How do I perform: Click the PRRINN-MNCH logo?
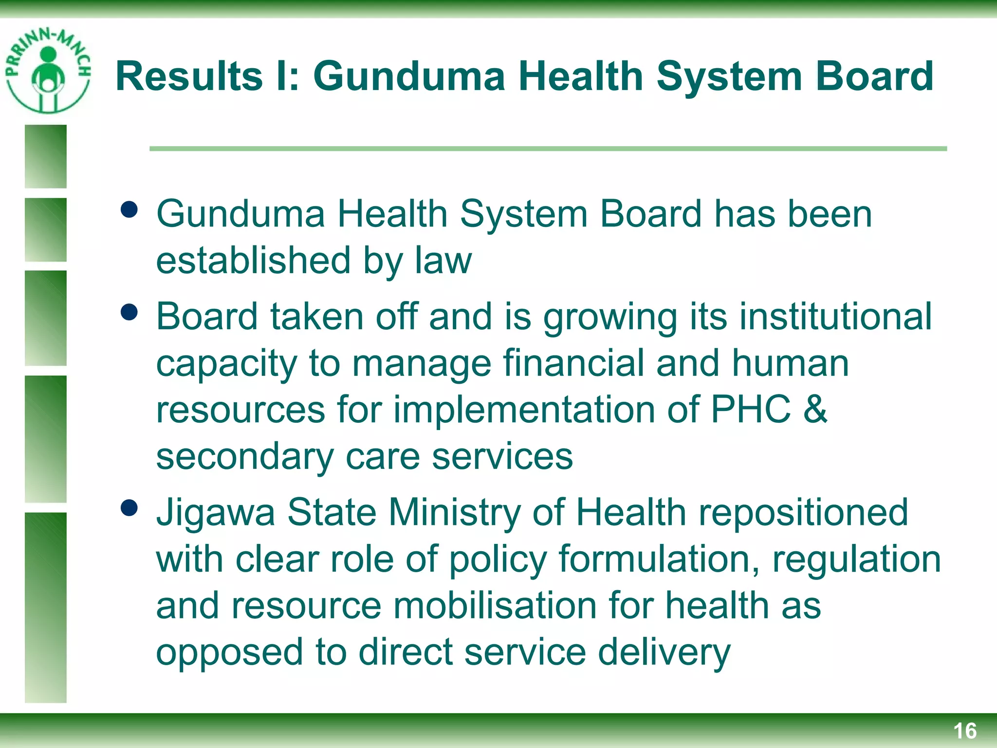pyautogui.click(x=48, y=71)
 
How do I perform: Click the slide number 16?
pyautogui.click(x=964, y=731)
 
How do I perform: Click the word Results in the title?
pyautogui.click(x=189, y=76)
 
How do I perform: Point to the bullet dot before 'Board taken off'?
pyautogui.click(x=129, y=312)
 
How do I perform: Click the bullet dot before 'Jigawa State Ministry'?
pyautogui.click(x=129, y=508)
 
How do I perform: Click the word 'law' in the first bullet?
pyautogui.click(x=443, y=260)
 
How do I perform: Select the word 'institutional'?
pyautogui.click(x=835, y=317)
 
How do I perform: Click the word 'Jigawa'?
pyautogui.click(x=215, y=513)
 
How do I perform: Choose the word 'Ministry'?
pyautogui.click(x=455, y=513)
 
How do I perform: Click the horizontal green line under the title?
pyautogui.click(x=548, y=149)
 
